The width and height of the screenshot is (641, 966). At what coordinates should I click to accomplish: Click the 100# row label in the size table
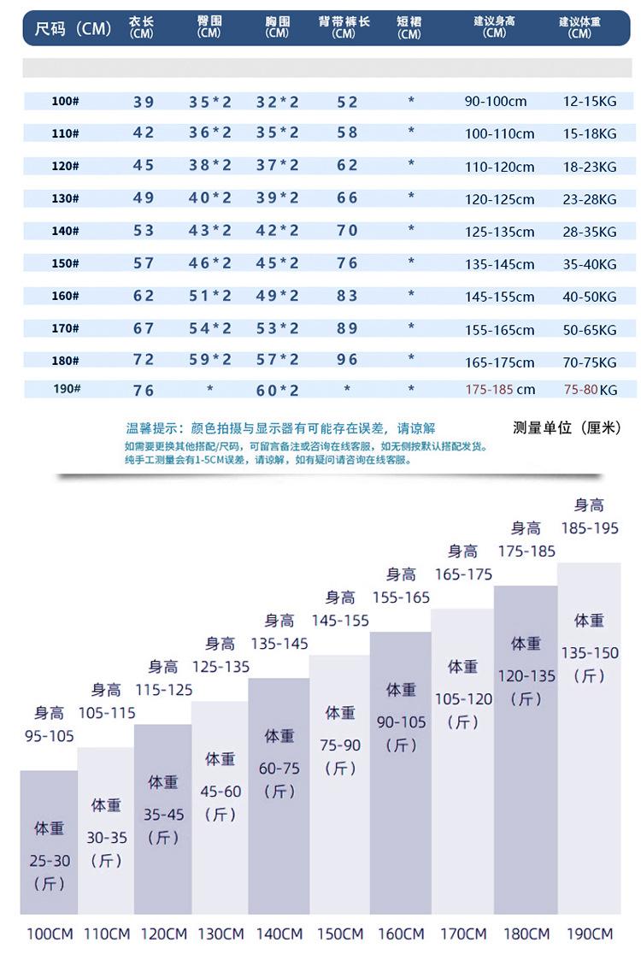(65, 101)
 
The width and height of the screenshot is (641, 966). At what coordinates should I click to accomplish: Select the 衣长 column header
(142, 27)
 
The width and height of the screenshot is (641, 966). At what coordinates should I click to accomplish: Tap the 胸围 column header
(277, 27)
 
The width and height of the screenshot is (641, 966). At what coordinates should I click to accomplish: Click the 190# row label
(65, 389)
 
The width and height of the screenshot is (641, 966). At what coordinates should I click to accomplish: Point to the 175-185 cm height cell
(500, 389)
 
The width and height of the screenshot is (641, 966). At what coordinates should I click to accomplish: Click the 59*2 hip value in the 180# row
(210, 360)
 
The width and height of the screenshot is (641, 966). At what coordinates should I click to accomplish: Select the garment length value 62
(144, 296)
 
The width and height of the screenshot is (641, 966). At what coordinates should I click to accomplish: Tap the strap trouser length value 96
(347, 360)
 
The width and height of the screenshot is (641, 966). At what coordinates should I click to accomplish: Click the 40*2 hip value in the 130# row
(210, 198)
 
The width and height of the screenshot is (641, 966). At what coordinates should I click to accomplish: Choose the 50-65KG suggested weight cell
(589, 329)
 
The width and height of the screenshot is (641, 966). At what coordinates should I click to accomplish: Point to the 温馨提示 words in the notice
(151, 428)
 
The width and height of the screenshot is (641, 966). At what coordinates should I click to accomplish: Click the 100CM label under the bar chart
(50, 934)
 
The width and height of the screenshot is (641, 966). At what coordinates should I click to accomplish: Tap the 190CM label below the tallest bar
(589, 934)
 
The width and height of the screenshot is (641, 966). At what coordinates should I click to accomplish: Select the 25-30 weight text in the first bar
(50, 861)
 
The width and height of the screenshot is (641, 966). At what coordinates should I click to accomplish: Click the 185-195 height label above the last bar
(590, 528)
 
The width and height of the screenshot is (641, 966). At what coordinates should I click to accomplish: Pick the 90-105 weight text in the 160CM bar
(401, 722)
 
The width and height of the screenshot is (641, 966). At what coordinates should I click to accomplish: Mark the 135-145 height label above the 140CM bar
(279, 643)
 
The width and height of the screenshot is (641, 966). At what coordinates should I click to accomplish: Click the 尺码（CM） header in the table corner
(74, 29)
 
